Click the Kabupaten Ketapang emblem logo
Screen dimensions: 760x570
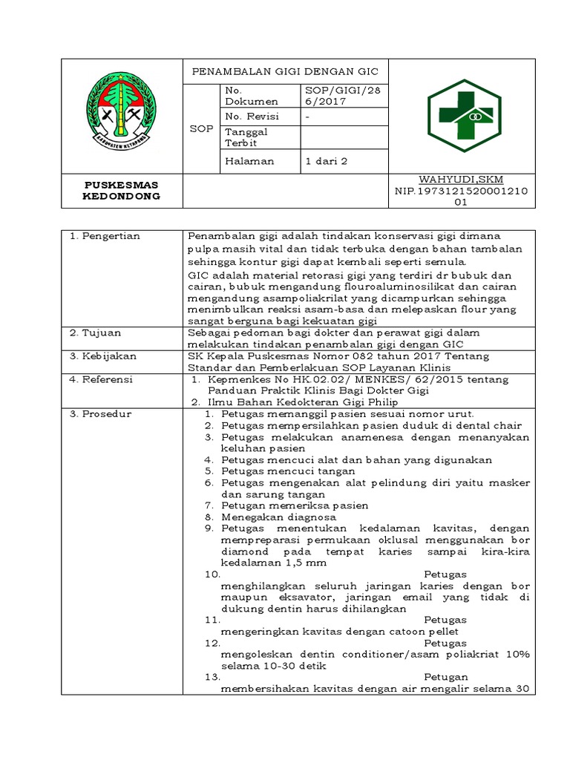121,116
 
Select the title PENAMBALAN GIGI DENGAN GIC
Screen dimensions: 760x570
285,71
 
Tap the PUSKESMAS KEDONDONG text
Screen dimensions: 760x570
121,190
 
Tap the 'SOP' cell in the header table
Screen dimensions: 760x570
201,128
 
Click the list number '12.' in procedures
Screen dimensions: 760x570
212,643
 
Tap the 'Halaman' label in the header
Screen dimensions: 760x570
249,160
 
